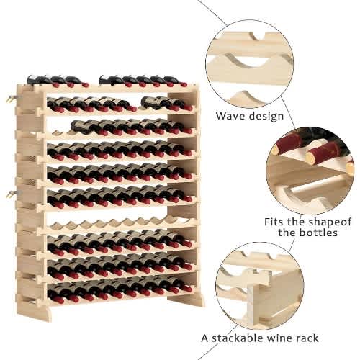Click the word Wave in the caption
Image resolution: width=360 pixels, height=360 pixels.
coord(230,116)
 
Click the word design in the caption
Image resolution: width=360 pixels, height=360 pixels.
coord(266,116)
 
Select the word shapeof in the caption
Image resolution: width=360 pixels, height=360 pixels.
coord(330,222)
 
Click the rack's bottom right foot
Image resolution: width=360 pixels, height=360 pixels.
coord(186,300)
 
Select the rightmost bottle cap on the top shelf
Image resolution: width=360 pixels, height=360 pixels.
coord(184,84)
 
